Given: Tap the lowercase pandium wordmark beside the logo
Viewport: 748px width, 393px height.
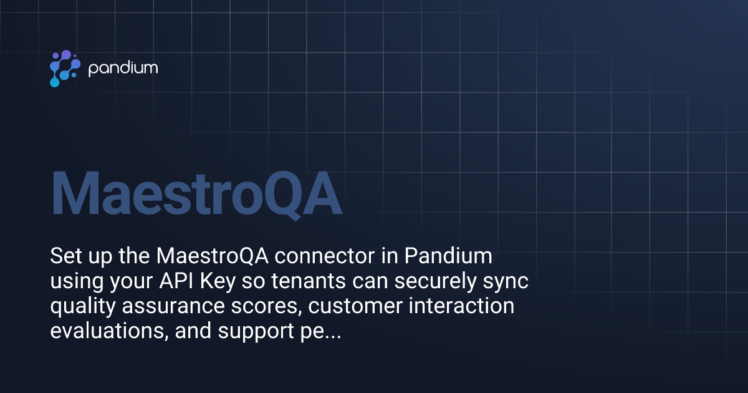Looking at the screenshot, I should [123, 68].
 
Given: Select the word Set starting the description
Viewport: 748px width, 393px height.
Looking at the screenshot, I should [65, 256].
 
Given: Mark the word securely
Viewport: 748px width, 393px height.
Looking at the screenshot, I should [439, 282].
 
